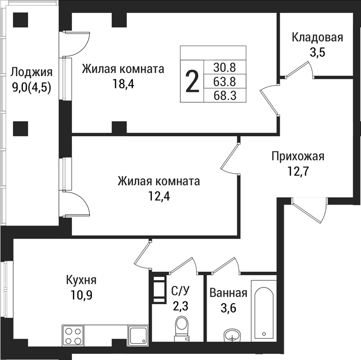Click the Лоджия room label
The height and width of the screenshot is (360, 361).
point(32,72)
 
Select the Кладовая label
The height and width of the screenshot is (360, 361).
point(317,37)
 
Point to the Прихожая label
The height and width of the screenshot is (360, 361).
point(297,157)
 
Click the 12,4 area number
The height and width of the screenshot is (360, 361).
point(158,196)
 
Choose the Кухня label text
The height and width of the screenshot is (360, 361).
point(81,280)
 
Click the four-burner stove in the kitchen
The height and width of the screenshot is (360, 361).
point(73,335)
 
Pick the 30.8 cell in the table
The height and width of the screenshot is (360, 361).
point(225,67)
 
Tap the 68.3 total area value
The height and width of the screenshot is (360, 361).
point(225,95)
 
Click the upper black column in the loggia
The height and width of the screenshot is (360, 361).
point(21,21)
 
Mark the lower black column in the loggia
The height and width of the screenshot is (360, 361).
point(21,127)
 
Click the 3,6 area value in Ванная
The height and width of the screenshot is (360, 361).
point(227,308)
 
